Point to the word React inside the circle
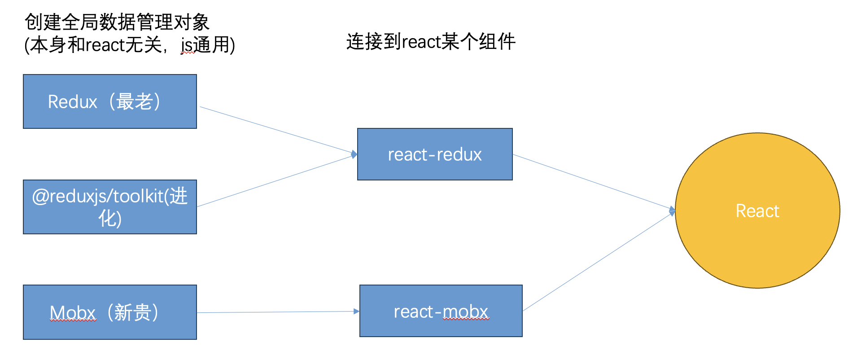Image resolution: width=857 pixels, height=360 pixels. point(757,211)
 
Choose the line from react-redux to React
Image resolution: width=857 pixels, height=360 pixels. point(592,182)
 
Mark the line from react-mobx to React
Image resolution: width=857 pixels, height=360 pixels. point(597,262)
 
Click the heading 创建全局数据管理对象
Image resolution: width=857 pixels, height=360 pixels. point(117,22)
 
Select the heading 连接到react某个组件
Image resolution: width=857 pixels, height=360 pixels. point(431,42)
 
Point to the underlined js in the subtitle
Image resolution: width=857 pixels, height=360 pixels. point(187,45)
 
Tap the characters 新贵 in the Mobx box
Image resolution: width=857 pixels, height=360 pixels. point(133,312)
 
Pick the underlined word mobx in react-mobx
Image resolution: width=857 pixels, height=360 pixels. point(465,312)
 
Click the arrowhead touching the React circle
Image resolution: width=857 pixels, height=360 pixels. point(672,211)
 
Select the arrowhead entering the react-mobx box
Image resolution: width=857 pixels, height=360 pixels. point(356,311)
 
